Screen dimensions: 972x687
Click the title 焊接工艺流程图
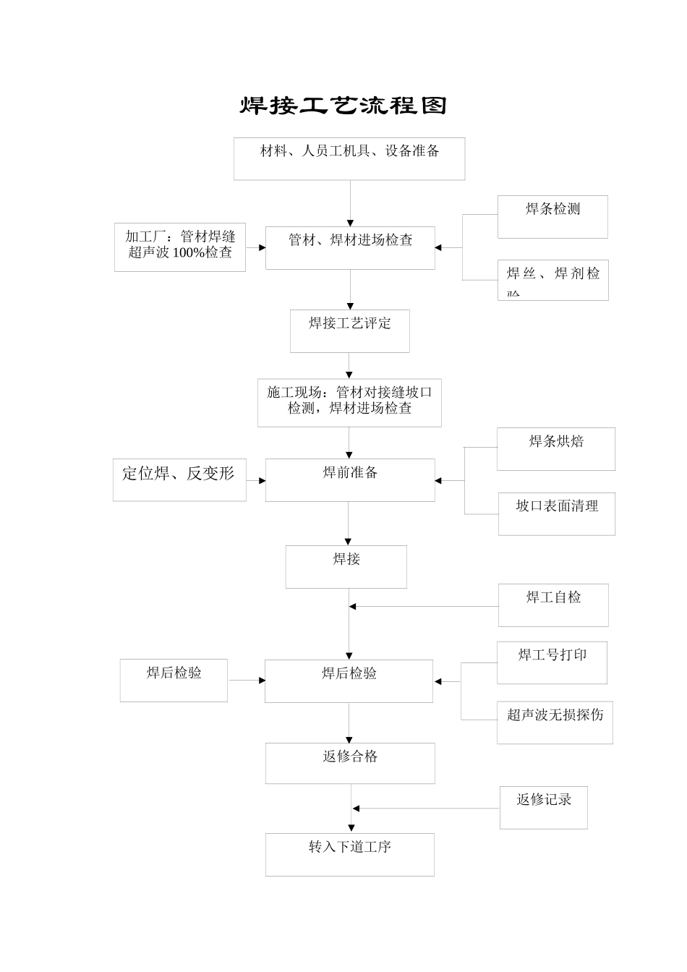[343, 106]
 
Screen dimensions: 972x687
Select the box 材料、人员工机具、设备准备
[349, 158]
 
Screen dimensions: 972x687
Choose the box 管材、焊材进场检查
[350, 248]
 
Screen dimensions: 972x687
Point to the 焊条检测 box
[552, 216]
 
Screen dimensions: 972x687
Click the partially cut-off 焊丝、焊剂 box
[552, 280]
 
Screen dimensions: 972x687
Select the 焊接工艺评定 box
[350, 331]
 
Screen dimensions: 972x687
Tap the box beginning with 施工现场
[349, 402]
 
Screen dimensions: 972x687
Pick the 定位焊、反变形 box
[179, 479]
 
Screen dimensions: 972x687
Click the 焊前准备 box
[350, 479]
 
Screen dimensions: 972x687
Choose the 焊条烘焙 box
[555, 449]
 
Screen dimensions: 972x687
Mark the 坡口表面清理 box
[556, 514]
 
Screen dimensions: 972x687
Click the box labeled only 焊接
[346, 566]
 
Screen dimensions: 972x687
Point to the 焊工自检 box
[553, 605]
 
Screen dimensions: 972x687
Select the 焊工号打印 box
[552, 662]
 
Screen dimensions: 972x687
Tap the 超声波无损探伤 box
[555, 722]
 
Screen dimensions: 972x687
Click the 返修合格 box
[350, 763]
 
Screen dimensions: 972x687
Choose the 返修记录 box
[543, 807]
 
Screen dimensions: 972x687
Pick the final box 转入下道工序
[349, 854]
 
